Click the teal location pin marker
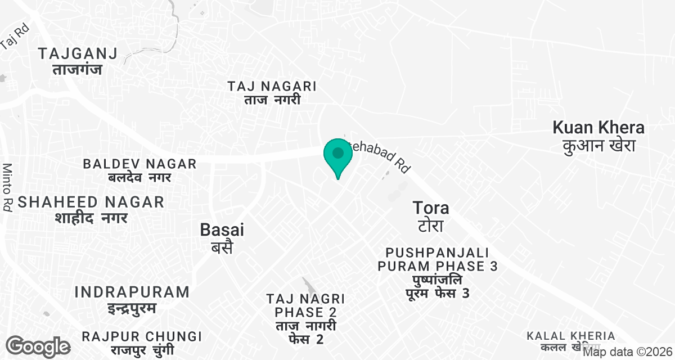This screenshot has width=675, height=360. coord(338,155)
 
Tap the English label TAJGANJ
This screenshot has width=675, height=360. coord(78,54)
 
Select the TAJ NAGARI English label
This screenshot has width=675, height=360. coord(272,87)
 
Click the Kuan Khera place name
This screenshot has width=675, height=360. coord(598,128)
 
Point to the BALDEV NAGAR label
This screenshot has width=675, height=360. coord(139,164)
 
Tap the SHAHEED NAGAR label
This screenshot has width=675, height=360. coord(91,202)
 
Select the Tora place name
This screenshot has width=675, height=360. coord(431,208)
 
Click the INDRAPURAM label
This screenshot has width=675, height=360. coord(132,292)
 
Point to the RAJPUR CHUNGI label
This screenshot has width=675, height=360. coord(142,337)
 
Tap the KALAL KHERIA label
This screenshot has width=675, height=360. coord(570,336)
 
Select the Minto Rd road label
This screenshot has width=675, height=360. coord(7,187)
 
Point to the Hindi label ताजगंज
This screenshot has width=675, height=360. coord(78,70)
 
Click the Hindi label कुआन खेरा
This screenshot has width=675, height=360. coord(598,146)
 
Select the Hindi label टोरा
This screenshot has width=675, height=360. coord(431,226)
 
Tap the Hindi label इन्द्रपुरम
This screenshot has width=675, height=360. coord(132,308)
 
